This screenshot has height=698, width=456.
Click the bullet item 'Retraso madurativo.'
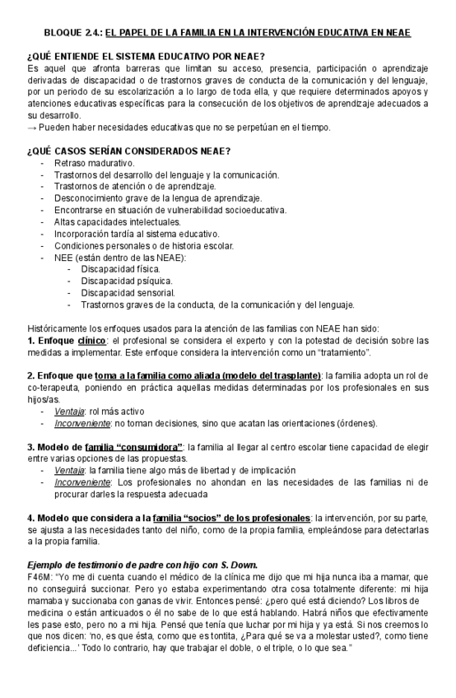(x=93, y=163)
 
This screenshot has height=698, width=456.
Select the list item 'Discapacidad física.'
(x=120, y=268)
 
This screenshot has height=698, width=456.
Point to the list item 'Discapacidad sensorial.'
(x=128, y=292)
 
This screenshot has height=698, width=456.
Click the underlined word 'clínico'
(x=91, y=340)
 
